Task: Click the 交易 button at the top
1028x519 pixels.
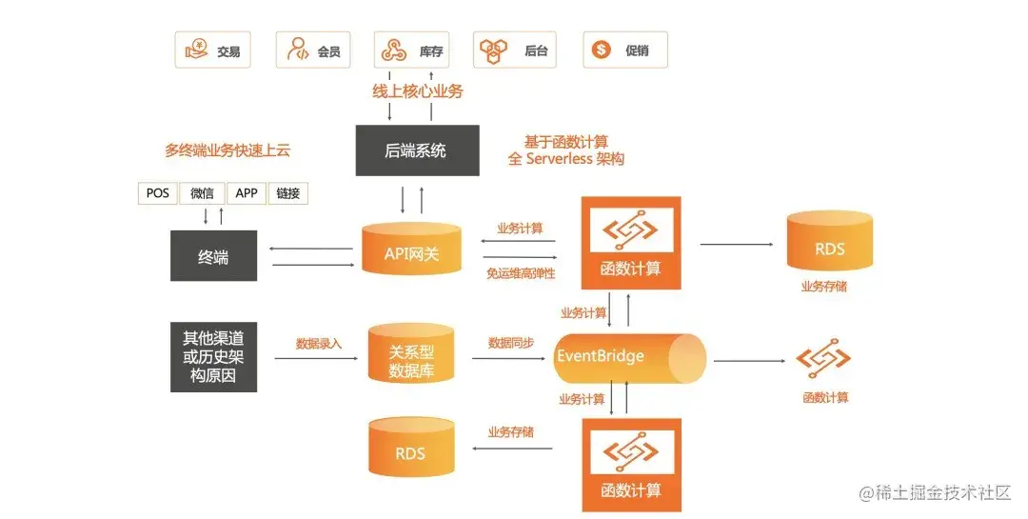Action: pyautogui.click(x=212, y=50)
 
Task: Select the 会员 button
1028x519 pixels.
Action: pyautogui.click(x=315, y=50)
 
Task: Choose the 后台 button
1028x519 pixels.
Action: pyautogui.click(x=515, y=50)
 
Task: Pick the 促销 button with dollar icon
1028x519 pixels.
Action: pyautogui.click(x=624, y=50)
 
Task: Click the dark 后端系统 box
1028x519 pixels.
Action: pyautogui.click(x=416, y=150)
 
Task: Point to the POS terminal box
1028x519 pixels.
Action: pyautogui.click(x=157, y=193)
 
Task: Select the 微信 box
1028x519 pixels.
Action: pyautogui.click(x=202, y=193)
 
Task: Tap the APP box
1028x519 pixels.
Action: pyautogui.click(x=246, y=193)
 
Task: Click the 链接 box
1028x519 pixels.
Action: pyautogui.click(x=288, y=193)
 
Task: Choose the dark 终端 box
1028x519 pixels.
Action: pyautogui.click(x=213, y=256)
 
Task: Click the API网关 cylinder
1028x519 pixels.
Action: pyautogui.click(x=410, y=250)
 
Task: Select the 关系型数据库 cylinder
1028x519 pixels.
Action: pyautogui.click(x=410, y=357)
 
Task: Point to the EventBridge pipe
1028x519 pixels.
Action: pyautogui.click(x=628, y=357)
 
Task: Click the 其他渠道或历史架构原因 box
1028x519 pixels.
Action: pyautogui.click(x=214, y=357)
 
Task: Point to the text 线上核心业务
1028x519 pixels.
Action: pyautogui.click(x=417, y=92)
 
